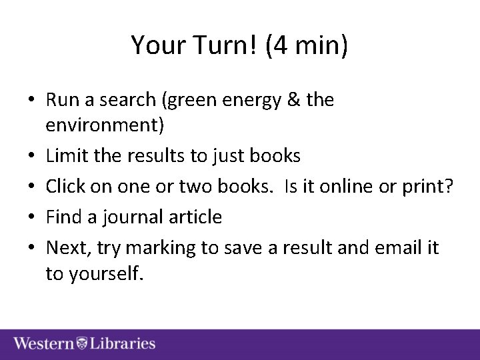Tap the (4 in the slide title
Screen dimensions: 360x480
[x=278, y=45]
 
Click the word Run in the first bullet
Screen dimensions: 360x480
[x=62, y=100]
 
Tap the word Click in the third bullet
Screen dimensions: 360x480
[x=65, y=186]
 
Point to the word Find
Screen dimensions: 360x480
[x=64, y=217]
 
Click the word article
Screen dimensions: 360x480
[x=195, y=217]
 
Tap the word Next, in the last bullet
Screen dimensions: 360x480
[x=68, y=247]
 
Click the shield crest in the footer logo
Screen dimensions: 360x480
[x=82, y=343]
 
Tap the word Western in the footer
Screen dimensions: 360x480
[x=43, y=343]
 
